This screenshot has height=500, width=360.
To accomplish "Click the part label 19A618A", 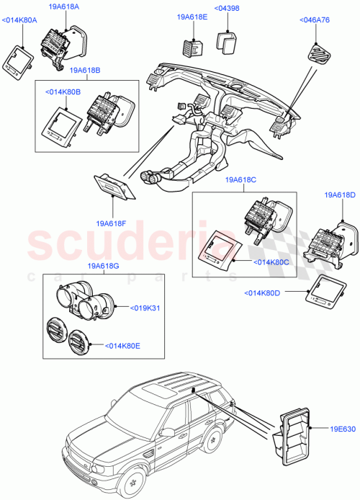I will pos(64,6).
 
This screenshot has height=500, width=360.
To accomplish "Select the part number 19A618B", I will pos(85,71).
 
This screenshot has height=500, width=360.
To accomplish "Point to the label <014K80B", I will pos(63,93).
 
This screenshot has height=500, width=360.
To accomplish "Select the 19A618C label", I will pos(240,179).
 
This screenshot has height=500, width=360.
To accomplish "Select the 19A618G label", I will pos(104,267).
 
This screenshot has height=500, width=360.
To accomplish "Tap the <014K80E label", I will pos(124,346).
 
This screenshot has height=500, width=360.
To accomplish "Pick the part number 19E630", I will pos(343,430).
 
